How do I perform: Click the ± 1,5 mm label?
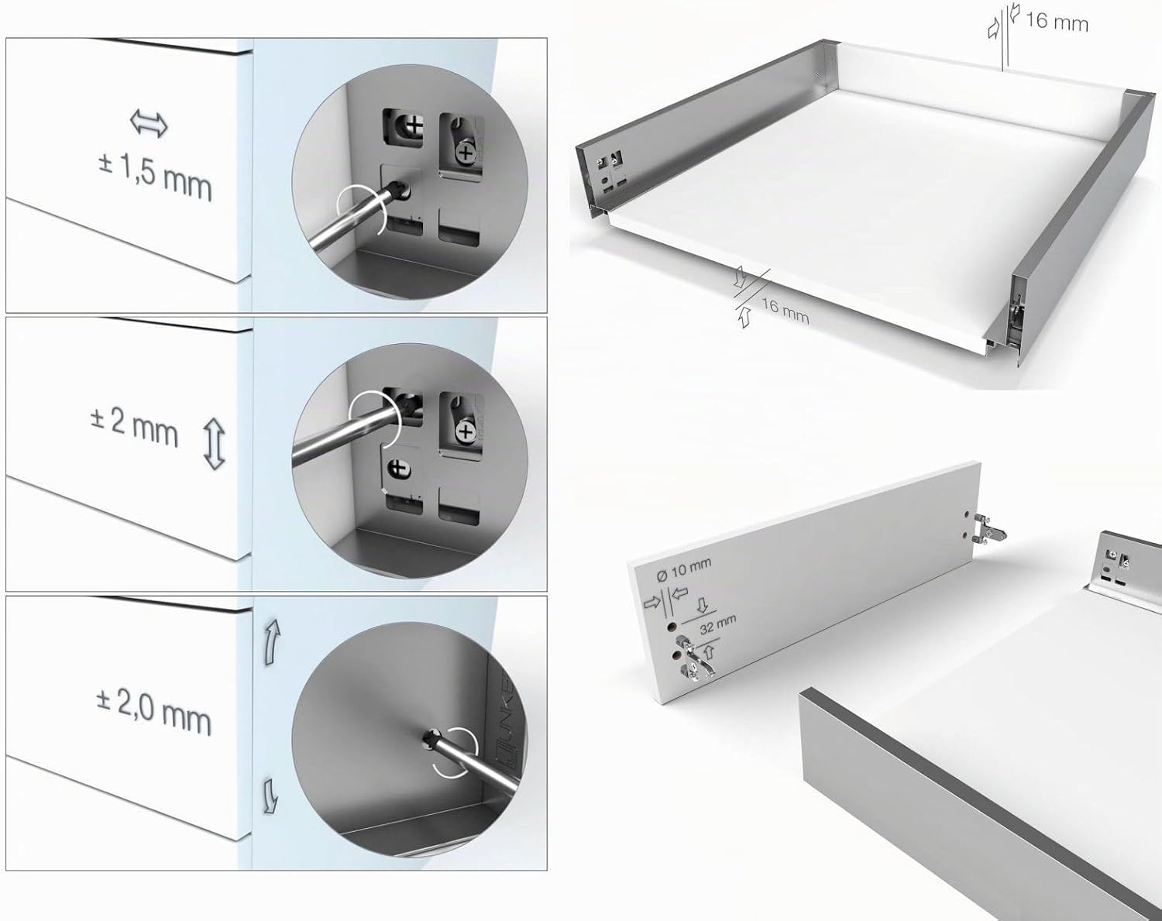coord(155,177)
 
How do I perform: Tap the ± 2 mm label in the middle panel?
coord(134,428)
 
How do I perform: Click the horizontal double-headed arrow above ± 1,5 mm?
coord(149,124)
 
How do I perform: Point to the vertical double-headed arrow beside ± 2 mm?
coord(215,444)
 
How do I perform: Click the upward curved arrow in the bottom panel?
coord(271,642)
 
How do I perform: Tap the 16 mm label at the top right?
coord(1056,22)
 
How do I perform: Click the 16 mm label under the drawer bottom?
coord(785,311)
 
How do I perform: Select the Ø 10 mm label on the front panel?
coord(684,570)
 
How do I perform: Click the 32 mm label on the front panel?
coord(718,624)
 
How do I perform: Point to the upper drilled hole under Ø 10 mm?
coord(672,627)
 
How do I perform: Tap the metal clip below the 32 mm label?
coord(694,658)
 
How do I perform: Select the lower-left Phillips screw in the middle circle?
coord(399,469)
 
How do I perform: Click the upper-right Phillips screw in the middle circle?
coord(464,432)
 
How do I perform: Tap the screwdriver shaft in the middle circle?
coord(346,435)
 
